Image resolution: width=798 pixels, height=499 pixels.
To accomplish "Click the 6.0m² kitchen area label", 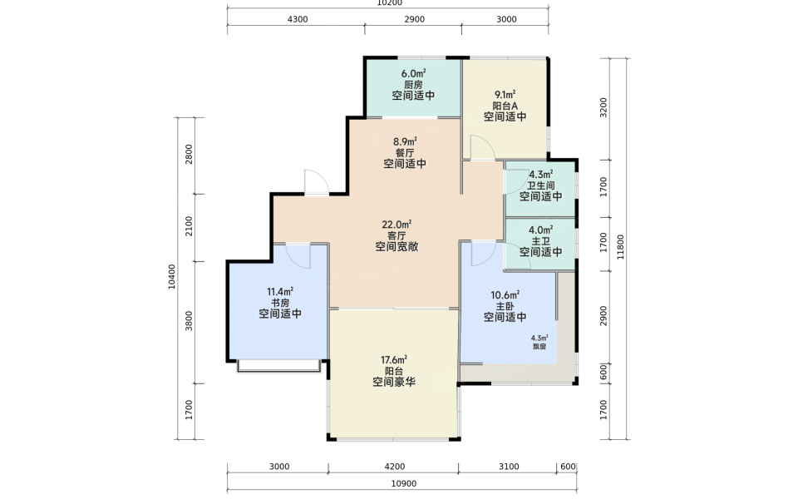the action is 413,73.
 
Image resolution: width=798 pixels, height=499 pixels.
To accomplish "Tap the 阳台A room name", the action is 505,106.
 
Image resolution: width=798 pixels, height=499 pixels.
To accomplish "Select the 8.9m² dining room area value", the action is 405,141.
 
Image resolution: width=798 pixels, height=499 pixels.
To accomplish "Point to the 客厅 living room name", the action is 397,235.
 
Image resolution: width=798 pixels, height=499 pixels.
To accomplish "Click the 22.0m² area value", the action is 397,225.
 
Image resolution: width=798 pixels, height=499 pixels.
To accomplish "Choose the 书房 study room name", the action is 280,303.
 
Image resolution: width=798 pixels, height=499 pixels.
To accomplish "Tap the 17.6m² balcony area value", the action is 394,360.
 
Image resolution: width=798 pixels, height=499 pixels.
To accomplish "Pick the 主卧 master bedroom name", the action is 505,306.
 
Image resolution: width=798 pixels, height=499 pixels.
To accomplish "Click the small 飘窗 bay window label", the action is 539,346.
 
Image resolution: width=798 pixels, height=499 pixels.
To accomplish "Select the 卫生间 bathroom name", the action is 540,185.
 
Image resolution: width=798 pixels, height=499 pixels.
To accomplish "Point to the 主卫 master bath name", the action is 540,241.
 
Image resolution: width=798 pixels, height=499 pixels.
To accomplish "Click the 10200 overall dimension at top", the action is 389,3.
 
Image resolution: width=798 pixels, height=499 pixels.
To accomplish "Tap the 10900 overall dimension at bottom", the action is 404,484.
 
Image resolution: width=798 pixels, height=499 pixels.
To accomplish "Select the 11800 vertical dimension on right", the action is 620,247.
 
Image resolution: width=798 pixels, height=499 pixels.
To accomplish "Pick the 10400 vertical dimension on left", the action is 172,277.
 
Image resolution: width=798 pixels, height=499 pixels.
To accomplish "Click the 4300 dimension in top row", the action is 298,19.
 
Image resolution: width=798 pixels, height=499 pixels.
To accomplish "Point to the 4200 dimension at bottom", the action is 394,467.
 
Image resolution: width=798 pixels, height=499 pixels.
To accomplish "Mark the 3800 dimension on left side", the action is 190,321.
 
